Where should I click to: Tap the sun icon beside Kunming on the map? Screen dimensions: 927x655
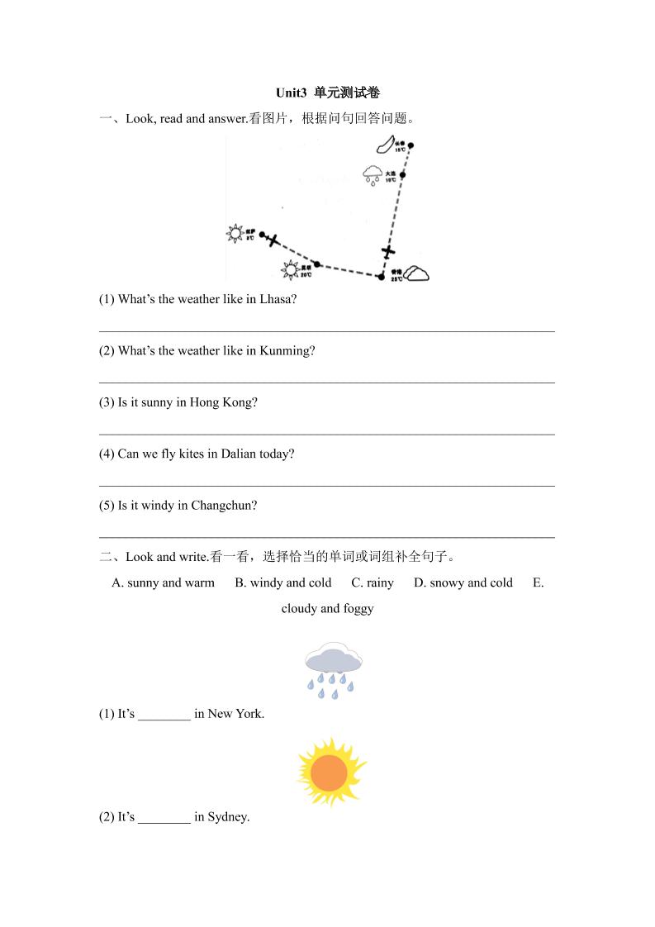coord(290,269)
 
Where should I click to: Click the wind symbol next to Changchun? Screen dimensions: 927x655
coord(384,145)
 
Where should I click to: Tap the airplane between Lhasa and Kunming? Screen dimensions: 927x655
coord(273,241)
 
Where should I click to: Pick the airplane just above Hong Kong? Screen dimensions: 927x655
coord(388,251)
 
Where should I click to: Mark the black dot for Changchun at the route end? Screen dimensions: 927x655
coord(411,145)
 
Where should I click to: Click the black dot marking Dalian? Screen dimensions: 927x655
coord(404,174)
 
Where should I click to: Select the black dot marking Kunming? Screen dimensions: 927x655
coord(317,264)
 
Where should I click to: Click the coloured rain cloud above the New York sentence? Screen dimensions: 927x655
coord(333,669)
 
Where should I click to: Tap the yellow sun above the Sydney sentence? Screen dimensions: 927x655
coord(330,772)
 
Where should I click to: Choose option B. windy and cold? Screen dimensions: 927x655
coord(282,582)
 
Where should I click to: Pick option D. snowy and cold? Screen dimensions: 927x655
coord(463,582)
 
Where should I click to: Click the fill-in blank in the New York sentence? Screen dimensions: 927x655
coord(164,714)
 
